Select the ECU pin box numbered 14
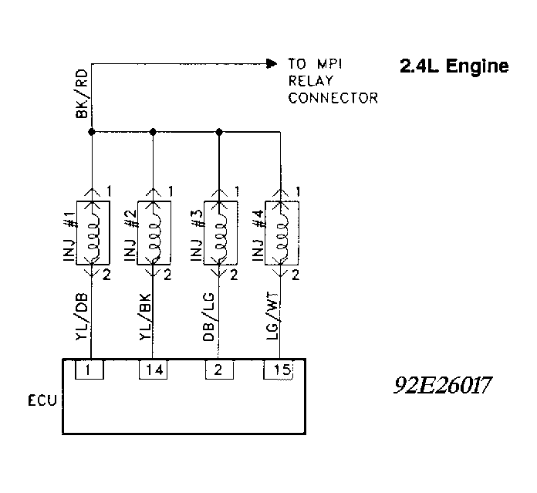[154, 370]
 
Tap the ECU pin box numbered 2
[219, 370]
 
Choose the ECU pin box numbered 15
[279, 370]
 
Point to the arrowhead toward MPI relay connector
[271, 62]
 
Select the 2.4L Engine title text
[454, 66]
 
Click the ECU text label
[41, 401]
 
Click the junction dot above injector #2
[154, 132]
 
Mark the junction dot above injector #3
[219, 132]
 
